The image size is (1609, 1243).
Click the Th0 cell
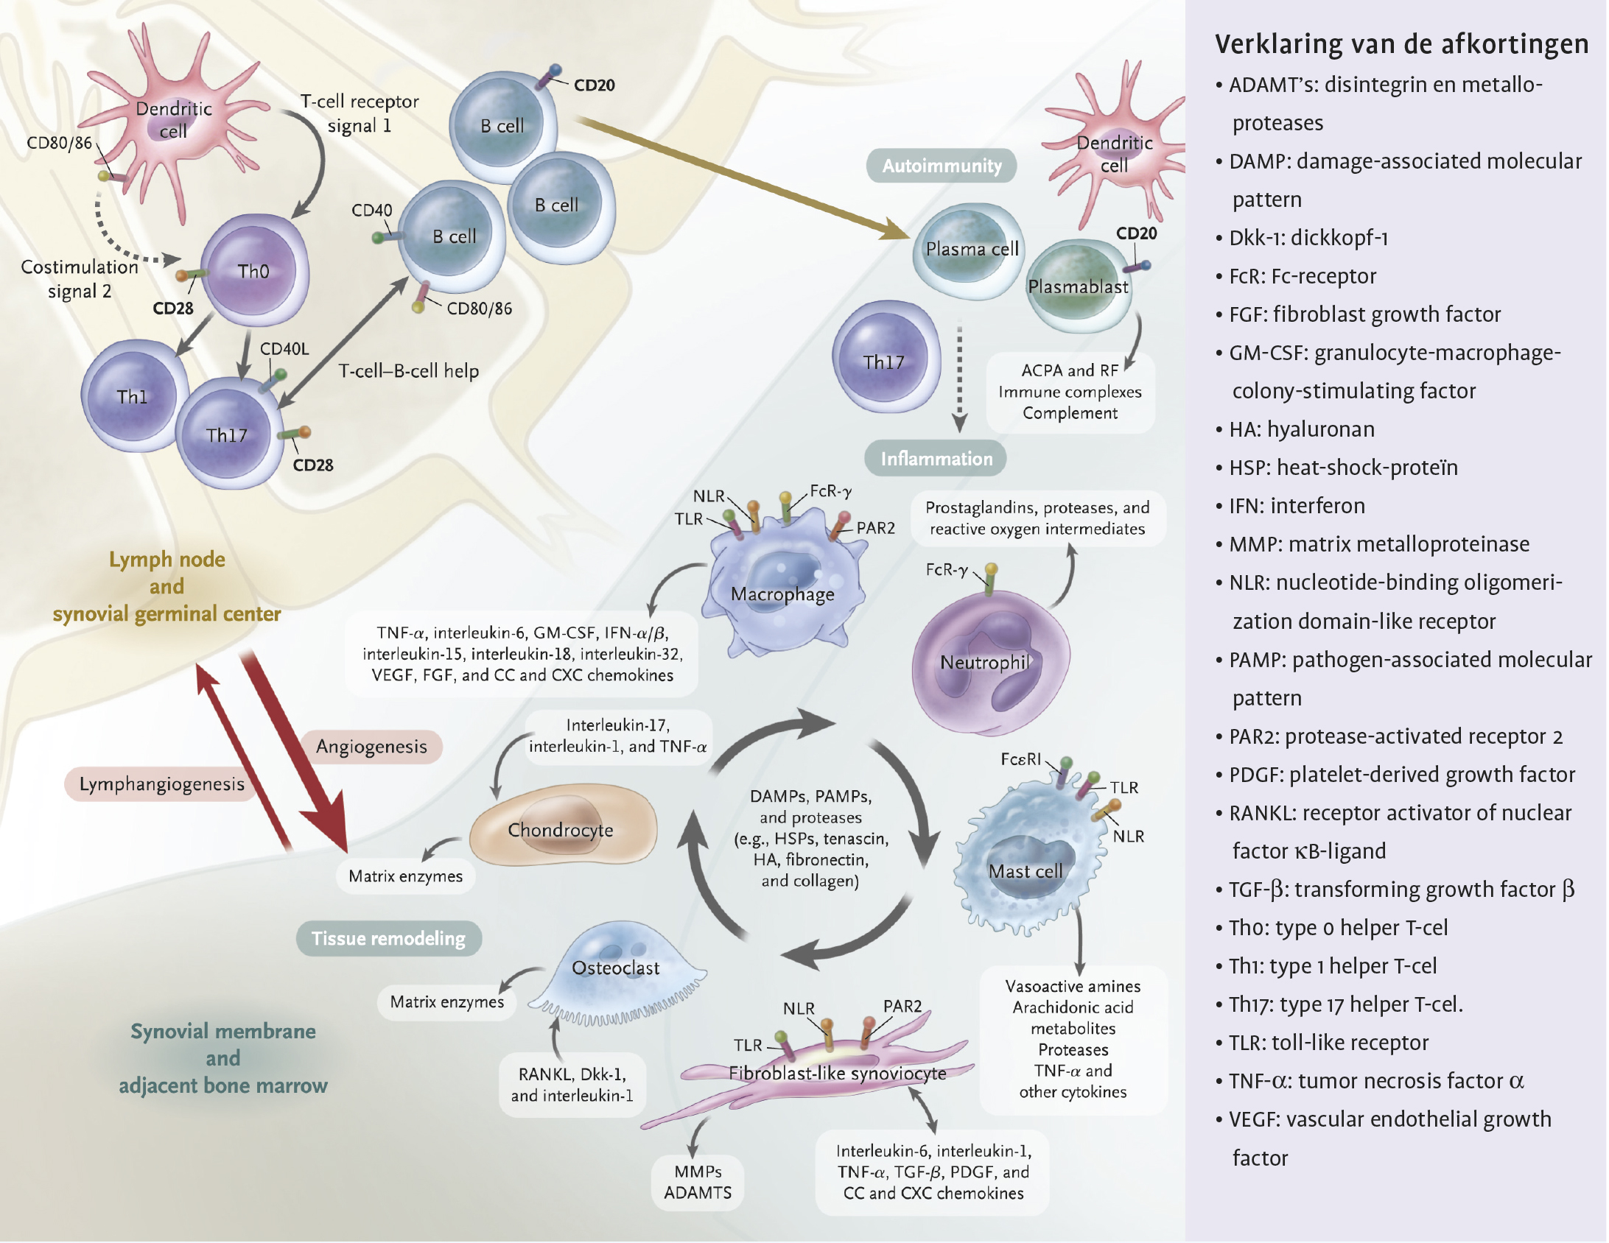click(x=254, y=271)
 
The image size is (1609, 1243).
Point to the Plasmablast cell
click(x=1077, y=286)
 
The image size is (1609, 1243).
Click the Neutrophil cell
click(x=987, y=662)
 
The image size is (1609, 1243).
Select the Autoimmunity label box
click(x=942, y=166)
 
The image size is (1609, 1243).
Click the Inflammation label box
click(x=936, y=459)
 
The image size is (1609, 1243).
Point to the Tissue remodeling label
click(x=388, y=938)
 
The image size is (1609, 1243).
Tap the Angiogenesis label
click(x=371, y=747)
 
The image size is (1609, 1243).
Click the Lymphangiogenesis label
click(x=161, y=784)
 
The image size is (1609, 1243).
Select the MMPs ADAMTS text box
click(x=698, y=1182)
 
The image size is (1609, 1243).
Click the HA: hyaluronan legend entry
click(x=1301, y=429)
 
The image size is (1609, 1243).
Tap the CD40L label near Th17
click(x=284, y=348)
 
